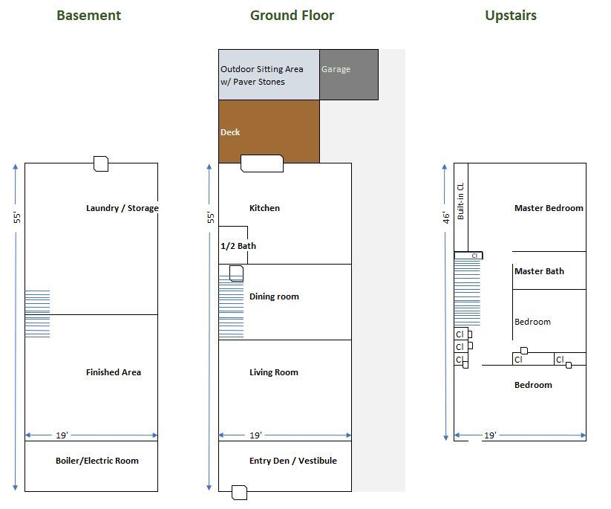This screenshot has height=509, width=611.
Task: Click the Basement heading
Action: click(x=88, y=15)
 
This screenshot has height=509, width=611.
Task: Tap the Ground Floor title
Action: click(x=292, y=15)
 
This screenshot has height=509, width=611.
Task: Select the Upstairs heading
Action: click(x=511, y=15)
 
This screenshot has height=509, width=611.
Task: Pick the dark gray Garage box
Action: click(x=349, y=74)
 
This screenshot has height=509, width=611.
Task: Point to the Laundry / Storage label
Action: click(x=122, y=208)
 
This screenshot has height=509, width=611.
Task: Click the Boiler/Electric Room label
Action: click(x=97, y=461)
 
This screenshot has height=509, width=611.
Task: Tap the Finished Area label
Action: click(x=114, y=372)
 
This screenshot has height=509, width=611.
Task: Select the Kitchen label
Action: click(x=264, y=208)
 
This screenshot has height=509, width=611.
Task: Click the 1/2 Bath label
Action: click(x=238, y=246)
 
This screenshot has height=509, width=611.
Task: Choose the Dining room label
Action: click(x=274, y=296)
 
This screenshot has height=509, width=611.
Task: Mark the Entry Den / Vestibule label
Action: click(x=293, y=461)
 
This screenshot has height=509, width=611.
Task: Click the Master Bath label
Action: click(x=539, y=271)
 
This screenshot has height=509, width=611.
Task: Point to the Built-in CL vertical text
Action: click(x=461, y=201)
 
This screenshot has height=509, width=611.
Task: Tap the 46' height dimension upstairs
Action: click(x=446, y=217)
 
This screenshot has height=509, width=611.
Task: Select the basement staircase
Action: click(x=37, y=314)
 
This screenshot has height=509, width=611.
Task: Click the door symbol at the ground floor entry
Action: click(x=239, y=492)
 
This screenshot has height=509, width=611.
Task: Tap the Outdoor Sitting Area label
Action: click(x=261, y=75)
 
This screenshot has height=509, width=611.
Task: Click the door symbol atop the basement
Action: click(x=100, y=163)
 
